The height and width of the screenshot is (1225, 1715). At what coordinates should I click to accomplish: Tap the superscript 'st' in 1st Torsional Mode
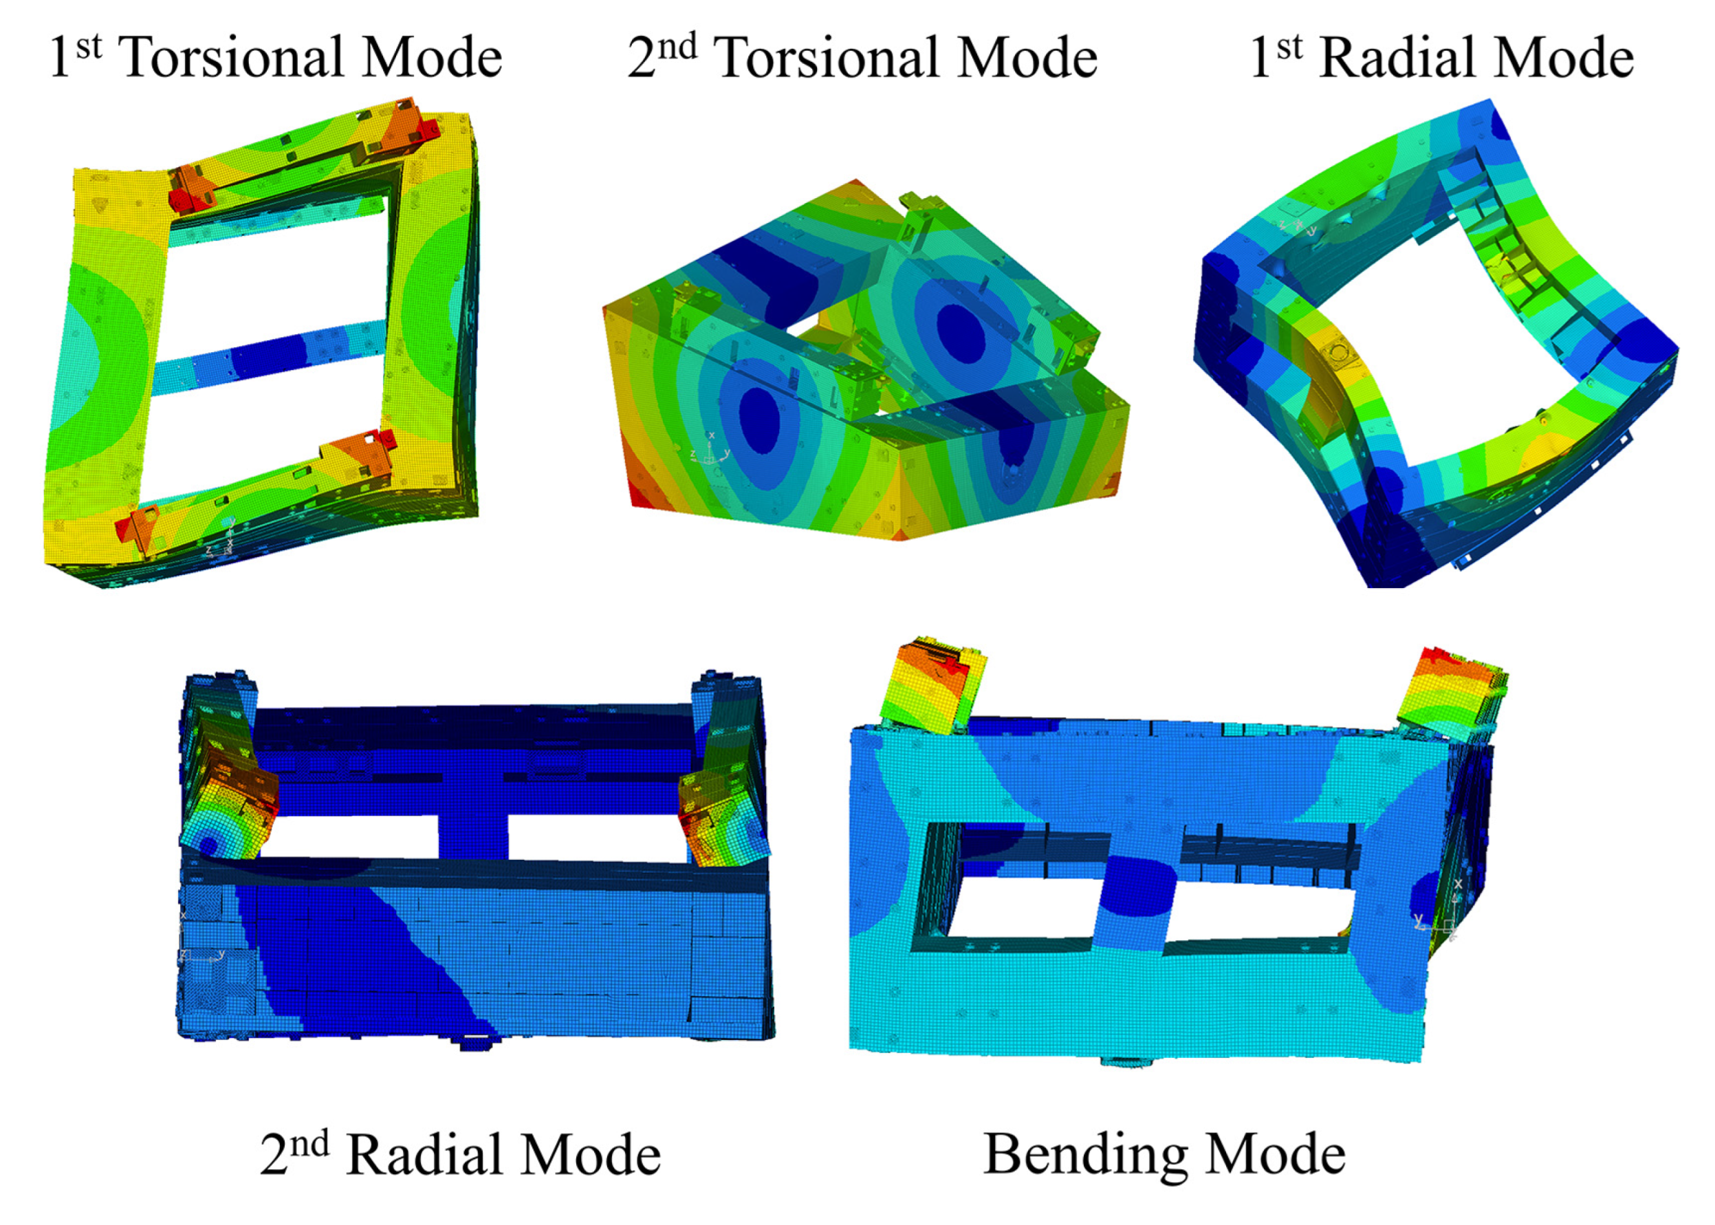[x=88, y=46]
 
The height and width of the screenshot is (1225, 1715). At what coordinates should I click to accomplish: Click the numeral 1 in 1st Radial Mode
[x=1260, y=57]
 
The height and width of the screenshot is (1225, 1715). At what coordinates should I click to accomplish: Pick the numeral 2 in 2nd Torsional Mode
[x=642, y=57]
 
